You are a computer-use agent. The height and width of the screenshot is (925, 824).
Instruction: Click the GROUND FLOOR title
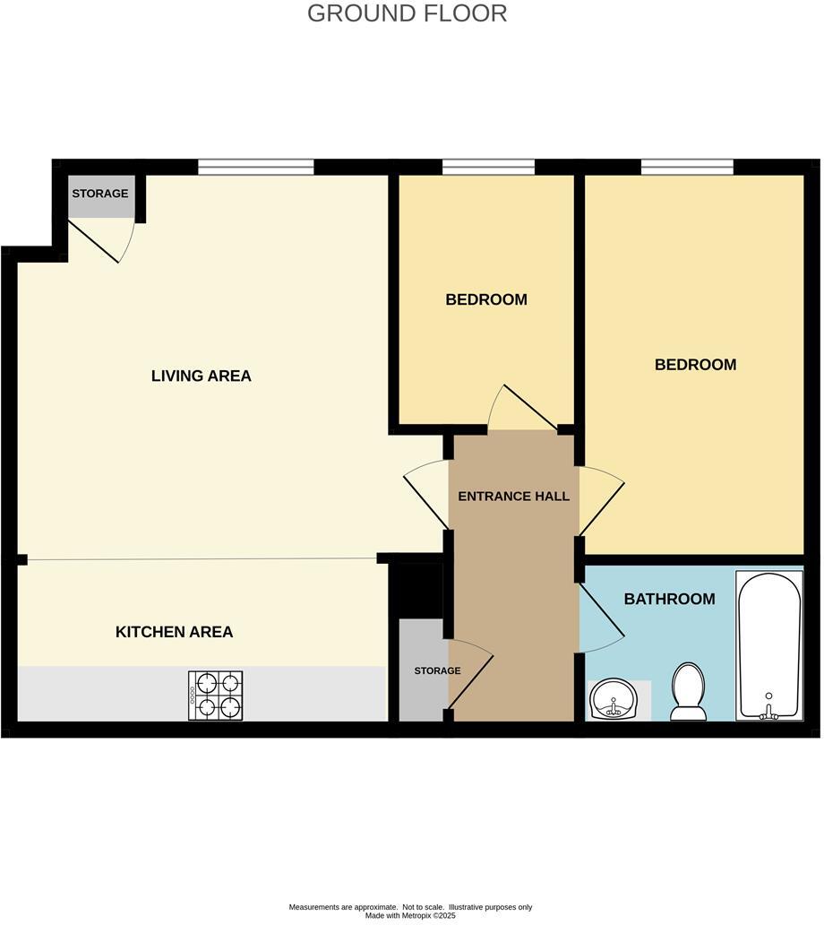click(407, 13)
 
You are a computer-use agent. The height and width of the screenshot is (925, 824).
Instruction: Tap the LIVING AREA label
click(201, 376)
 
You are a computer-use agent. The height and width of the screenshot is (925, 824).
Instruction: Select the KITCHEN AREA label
click(174, 632)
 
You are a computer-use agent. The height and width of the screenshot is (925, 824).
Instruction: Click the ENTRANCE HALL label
click(513, 496)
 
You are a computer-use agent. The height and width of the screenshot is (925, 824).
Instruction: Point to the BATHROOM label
click(669, 599)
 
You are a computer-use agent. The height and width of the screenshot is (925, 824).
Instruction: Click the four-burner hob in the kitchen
click(216, 695)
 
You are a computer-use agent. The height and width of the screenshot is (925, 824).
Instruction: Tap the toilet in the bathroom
click(689, 692)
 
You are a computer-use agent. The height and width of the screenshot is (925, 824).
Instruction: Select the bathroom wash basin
click(613, 698)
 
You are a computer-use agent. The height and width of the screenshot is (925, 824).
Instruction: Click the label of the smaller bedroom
click(485, 299)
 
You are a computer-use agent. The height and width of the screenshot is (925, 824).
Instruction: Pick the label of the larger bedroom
click(695, 365)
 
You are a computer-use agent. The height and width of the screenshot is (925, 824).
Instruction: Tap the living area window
click(255, 167)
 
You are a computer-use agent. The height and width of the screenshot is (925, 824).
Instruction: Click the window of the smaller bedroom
click(488, 167)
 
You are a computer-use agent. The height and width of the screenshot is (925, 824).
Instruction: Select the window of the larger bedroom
click(687, 167)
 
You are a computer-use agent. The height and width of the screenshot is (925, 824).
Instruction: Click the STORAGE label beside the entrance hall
click(437, 670)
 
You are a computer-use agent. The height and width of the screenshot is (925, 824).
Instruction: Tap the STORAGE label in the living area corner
click(99, 194)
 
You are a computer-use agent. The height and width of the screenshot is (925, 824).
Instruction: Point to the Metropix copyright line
click(410, 916)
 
